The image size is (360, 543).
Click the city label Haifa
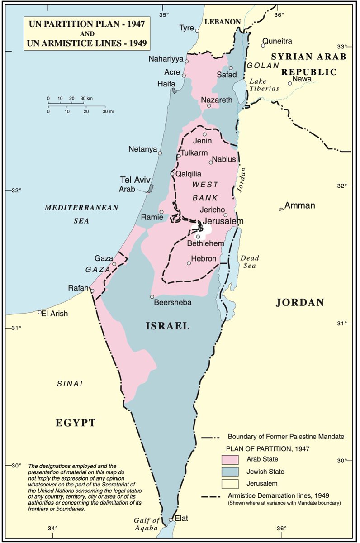[166, 84]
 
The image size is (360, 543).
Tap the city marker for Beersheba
[152, 297]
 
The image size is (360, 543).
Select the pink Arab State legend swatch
[230, 459]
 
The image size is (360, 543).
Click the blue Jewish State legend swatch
[230, 472]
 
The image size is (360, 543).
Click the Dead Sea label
[249, 262]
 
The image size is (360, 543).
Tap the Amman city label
[299, 205]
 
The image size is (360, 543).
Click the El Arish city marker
[40, 312]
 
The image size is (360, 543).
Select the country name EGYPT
[76, 423]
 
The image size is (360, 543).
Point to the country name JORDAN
[300, 303]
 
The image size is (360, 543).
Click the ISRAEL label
[167, 326]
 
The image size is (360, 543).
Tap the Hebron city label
[204, 259]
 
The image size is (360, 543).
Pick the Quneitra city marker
[263, 45]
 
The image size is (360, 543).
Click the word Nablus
[224, 159]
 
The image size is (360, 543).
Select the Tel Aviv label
[135, 180]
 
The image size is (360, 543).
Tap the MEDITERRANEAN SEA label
[81, 214]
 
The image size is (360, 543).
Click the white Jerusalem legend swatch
[230, 484]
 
